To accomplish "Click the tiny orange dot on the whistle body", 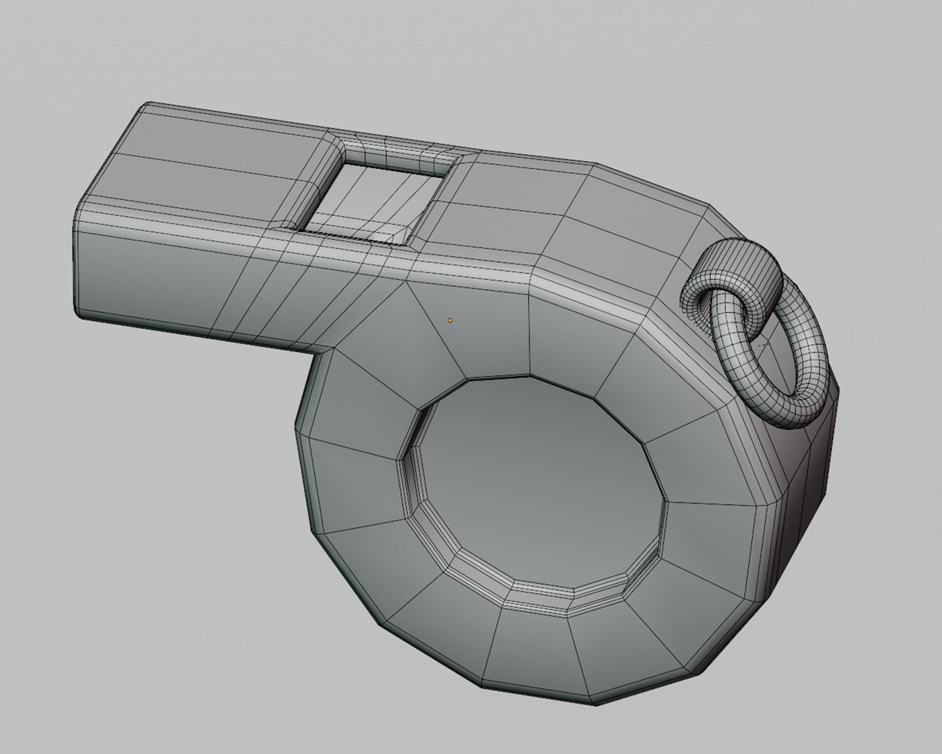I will (450, 320).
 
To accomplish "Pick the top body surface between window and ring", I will (558, 209).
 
